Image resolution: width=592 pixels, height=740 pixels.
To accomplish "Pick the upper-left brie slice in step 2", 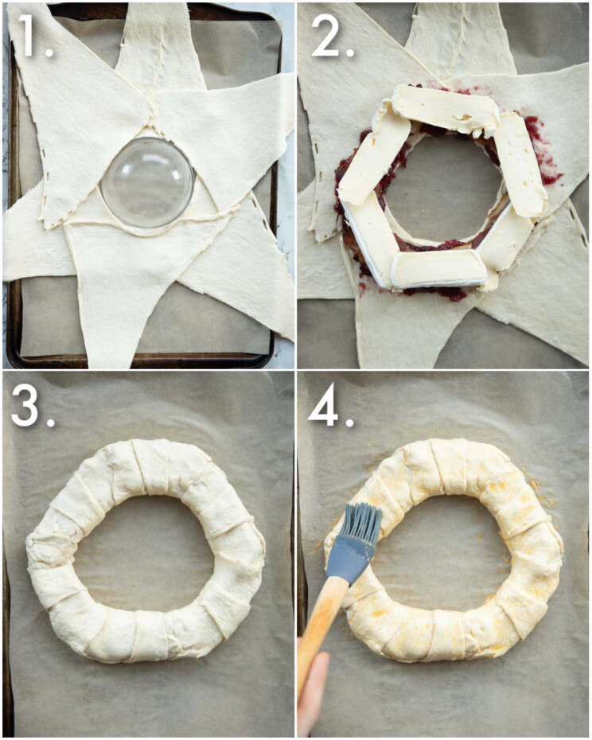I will coord(373,154).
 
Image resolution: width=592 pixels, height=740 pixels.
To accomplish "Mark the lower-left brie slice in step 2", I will coord(368,236).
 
